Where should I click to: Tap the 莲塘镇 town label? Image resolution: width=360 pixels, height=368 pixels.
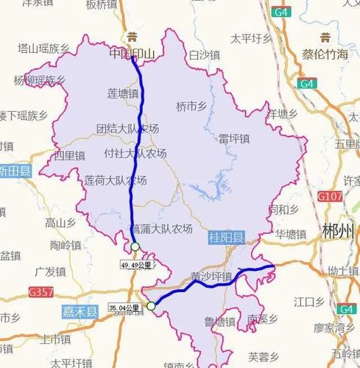pos(122,94)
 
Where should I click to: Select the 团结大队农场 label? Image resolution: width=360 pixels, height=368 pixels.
pos(127,128)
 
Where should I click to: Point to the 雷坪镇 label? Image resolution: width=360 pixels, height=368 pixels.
pos(235,138)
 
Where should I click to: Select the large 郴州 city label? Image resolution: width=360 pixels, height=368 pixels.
pos(339,231)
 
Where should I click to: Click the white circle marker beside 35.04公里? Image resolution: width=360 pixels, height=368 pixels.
pos(151,306)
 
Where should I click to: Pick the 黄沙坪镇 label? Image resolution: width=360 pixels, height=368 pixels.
pos(211,277)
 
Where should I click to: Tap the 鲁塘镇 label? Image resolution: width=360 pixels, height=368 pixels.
pos(220,322)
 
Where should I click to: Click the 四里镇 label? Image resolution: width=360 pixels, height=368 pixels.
pos(70,156)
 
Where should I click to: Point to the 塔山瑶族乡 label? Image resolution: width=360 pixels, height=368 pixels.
pos(43,49)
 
